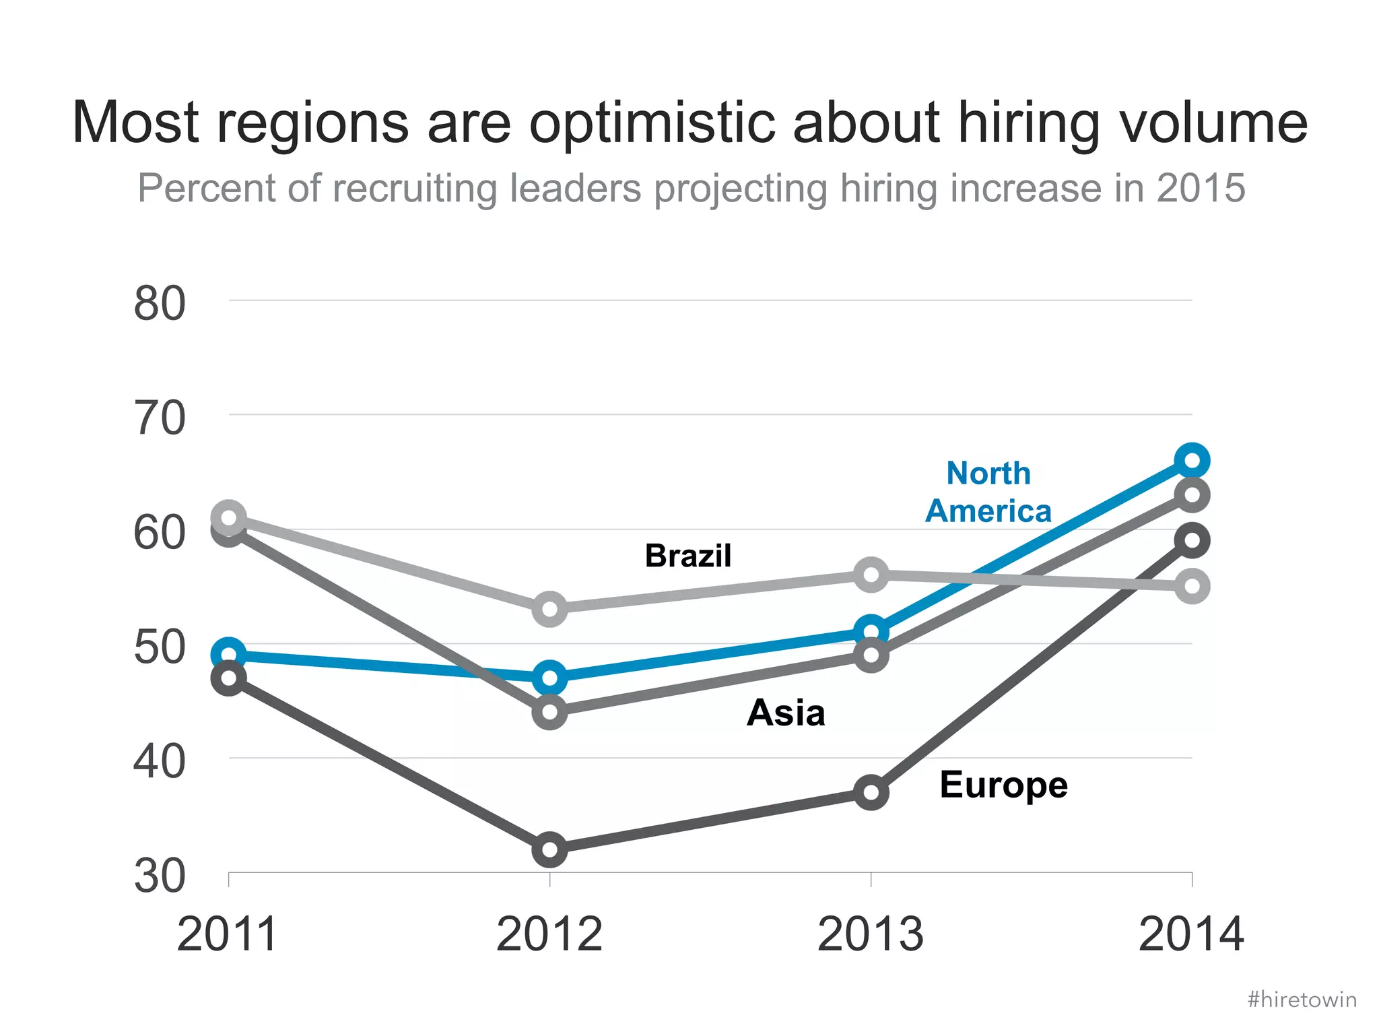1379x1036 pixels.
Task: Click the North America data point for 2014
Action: [1191, 461]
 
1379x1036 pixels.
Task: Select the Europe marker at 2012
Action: [549, 849]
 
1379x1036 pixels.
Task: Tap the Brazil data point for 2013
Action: [871, 575]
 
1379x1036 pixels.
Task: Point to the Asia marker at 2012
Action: [549, 711]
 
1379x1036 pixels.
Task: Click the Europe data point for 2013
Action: [871, 792]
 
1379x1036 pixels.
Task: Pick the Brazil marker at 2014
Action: [1191, 585]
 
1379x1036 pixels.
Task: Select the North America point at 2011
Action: [229, 654]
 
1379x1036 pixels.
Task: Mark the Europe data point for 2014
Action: [1191, 540]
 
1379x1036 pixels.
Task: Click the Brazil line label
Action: [687, 556]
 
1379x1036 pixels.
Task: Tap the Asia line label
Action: [785, 713]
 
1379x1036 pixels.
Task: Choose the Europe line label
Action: [1003, 785]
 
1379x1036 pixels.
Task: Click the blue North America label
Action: [988, 492]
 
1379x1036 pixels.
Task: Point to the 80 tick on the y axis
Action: [160, 304]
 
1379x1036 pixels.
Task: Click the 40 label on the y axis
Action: [160, 762]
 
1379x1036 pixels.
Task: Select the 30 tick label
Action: [160, 876]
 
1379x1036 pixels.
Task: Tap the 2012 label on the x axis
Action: [549, 934]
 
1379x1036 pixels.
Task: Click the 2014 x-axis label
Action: [1191, 934]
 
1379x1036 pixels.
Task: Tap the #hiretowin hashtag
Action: [1302, 1000]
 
